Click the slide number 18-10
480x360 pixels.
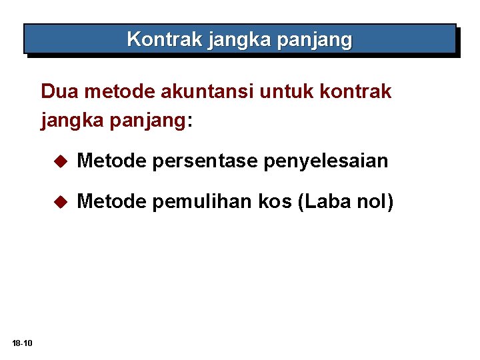(22, 343)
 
